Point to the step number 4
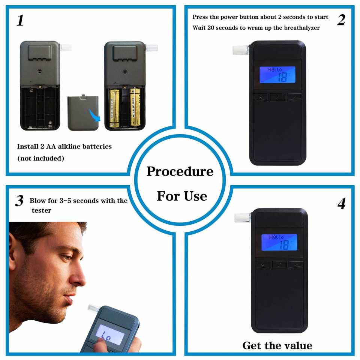(341, 204)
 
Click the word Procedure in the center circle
(180, 171)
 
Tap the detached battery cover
(83, 113)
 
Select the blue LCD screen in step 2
(277, 75)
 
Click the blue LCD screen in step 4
(279, 243)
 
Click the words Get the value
(277, 345)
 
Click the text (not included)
(41, 158)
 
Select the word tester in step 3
(41, 210)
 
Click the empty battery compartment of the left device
(40, 107)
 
